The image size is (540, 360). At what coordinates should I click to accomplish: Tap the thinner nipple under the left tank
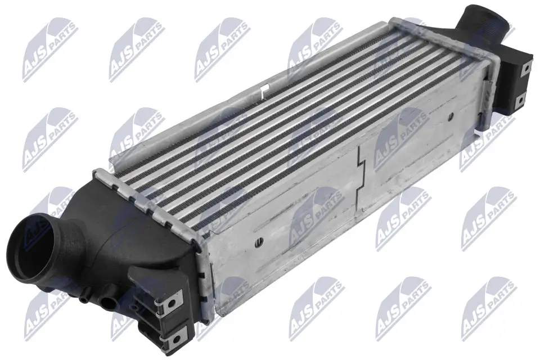(x=84, y=299)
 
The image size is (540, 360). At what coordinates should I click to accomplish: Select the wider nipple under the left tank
(x=107, y=302)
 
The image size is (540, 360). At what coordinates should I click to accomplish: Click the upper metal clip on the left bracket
(x=177, y=299)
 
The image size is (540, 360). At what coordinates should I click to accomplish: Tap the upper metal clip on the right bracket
(x=526, y=67)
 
